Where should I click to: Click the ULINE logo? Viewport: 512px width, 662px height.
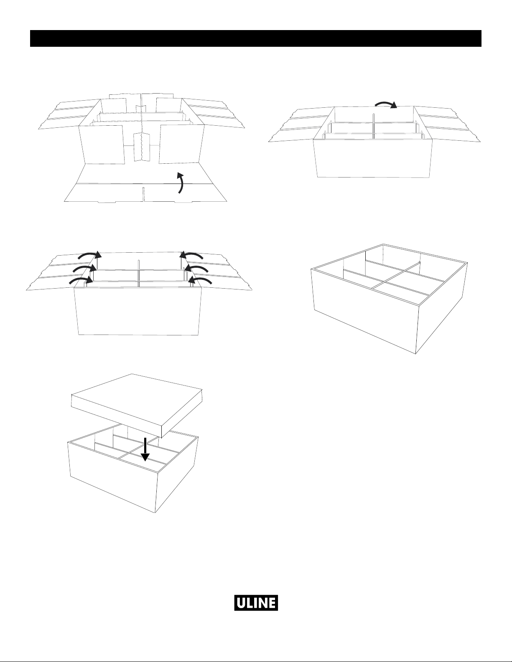[x=256, y=603]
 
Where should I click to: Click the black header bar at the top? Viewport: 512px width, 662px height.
[x=256, y=38]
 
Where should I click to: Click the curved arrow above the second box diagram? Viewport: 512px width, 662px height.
[x=386, y=104]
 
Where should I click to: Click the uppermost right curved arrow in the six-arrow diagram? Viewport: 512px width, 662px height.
[x=191, y=255]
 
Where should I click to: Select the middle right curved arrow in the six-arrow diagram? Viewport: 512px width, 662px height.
[x=196, y=269]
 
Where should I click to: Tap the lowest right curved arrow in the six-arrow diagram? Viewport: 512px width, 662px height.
[x=201, y=280]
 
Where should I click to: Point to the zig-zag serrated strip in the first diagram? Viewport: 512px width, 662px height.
[x=142, y=147]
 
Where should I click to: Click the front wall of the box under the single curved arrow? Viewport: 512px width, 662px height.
[x=373, y=158]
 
